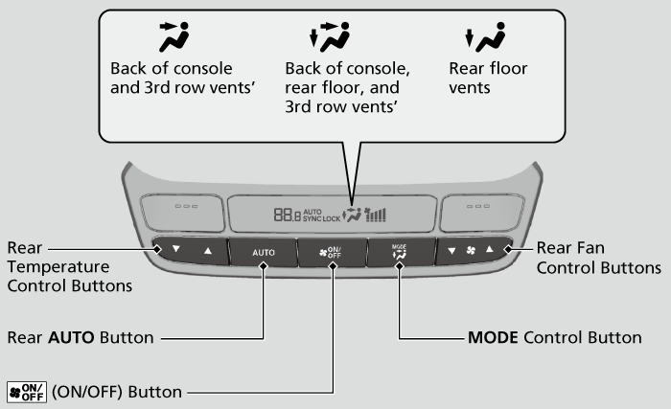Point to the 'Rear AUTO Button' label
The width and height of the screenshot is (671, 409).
[x=81, y=337]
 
